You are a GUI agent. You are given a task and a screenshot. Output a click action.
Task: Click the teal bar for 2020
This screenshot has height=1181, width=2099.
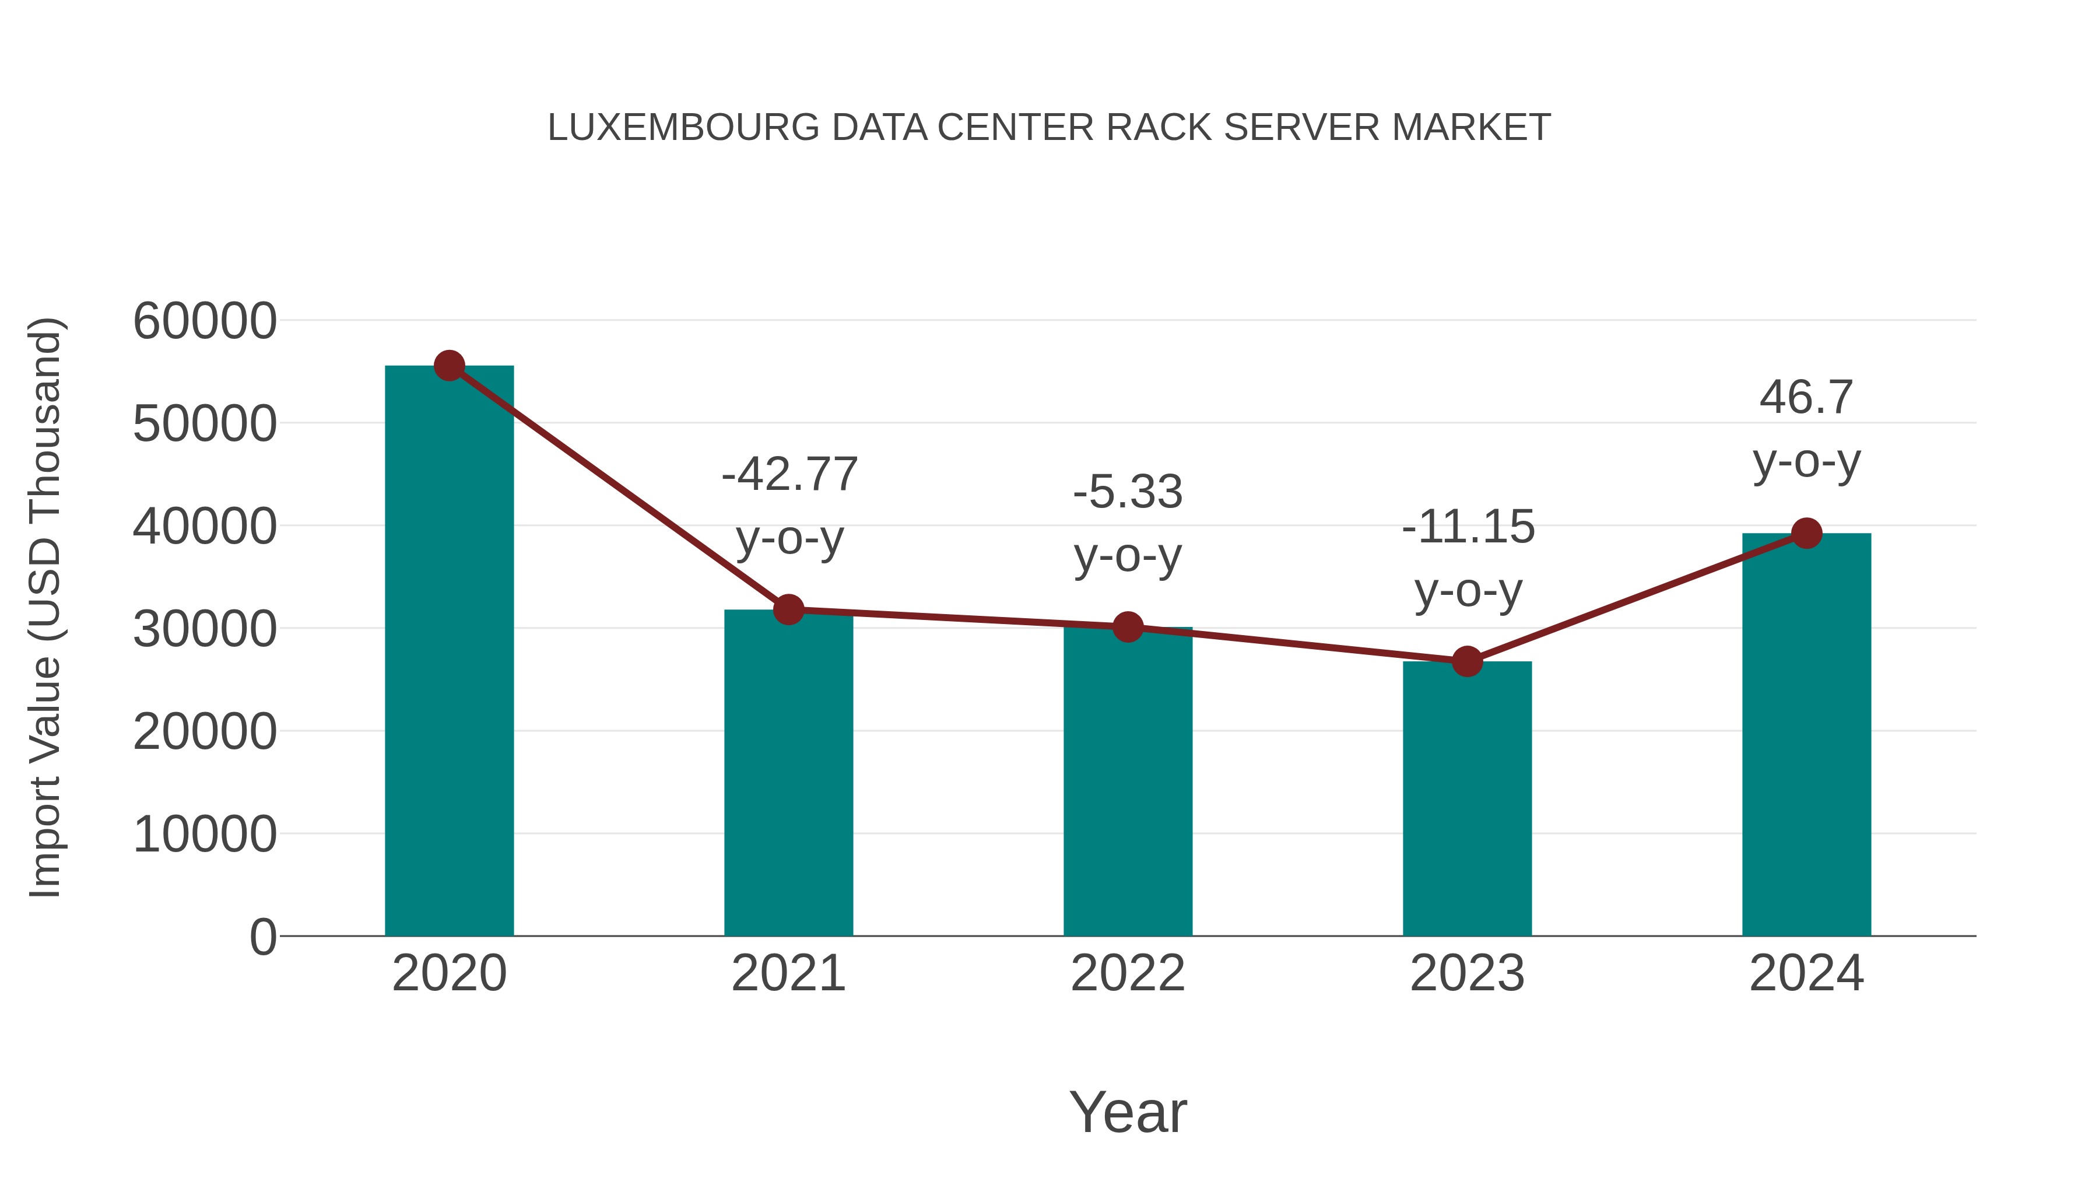click(449, 652)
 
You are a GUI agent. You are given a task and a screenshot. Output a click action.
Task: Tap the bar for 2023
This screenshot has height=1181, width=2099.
click(1467, 799)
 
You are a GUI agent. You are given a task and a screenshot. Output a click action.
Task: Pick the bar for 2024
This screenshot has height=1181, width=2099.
click(1806, 734)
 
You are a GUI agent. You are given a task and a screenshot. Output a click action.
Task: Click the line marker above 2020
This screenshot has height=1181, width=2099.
click(449, 366)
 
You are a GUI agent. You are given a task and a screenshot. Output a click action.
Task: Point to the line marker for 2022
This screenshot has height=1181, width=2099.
click(1128, 627)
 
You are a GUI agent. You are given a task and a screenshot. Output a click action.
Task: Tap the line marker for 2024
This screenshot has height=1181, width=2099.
click(1806, 533)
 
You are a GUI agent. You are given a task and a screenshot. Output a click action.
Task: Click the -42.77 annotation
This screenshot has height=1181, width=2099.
click(789, 474)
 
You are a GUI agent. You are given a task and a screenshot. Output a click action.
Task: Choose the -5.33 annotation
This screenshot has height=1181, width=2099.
click(1128, 492)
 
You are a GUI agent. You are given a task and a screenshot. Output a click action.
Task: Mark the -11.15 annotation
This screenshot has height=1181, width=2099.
click(1468, 527)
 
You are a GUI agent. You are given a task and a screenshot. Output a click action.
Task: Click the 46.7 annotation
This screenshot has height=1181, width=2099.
click(1806, 398)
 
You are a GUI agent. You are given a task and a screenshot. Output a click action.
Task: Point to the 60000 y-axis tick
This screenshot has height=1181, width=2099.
click(205, 321)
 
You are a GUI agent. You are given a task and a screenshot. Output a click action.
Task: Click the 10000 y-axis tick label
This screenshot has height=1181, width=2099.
click(205, 835)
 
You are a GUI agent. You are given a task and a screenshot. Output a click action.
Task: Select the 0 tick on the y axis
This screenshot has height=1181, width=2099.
click(263, 937)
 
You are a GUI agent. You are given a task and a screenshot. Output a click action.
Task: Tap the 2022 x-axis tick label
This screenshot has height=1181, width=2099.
click(1128, 973)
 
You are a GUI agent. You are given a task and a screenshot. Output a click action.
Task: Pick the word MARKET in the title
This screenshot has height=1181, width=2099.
click(1471, 128)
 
